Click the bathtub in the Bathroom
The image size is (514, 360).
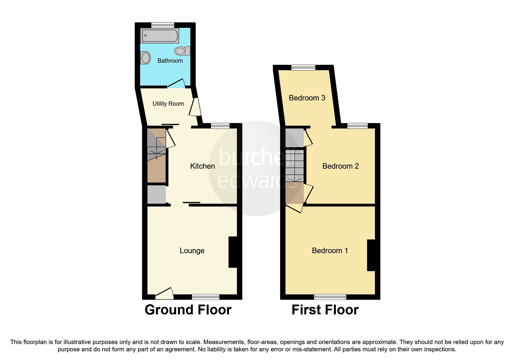pos(159,36)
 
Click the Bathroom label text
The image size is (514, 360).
pos(170,61)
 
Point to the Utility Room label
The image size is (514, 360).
pos(168,104)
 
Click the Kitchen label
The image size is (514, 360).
pos(202,166)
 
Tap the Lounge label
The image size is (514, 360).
pos(192,251)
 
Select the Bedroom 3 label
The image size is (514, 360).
pos(307,98)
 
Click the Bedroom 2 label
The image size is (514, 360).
pos(340,166)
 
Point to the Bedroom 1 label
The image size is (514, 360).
pos(330,251)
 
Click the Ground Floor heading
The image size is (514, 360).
pos(188,310)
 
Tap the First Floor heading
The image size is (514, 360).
pos(325,310)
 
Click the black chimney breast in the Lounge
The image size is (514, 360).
pos(233,252)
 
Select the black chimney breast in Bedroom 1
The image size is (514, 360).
pos(371,255)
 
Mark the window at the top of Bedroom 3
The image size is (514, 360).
pos(303,68)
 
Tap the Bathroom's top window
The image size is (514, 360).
pos(162,25)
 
